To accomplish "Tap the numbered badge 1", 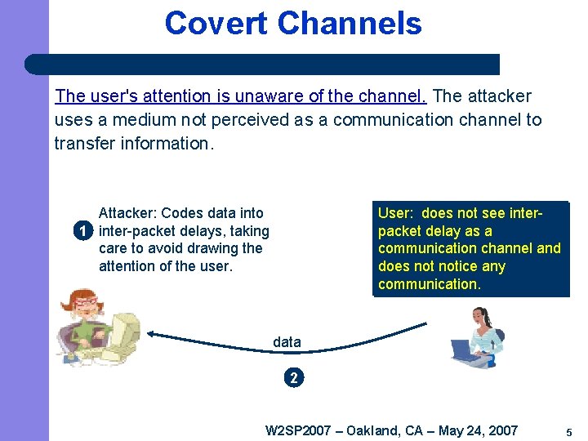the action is tap(82, 231).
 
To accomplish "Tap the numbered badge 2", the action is tap(294, 377).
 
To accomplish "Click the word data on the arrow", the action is tap(287, 342).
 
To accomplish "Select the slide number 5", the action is tap(568, 431).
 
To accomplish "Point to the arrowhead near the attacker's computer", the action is tap(153, 333).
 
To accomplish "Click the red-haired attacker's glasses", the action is tap(86, 305).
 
